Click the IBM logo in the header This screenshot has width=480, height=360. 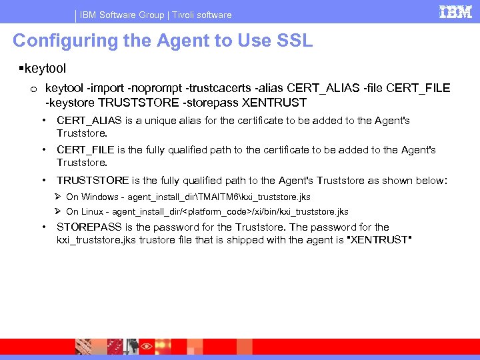(456, 12)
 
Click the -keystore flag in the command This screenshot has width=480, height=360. (69, 103)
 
